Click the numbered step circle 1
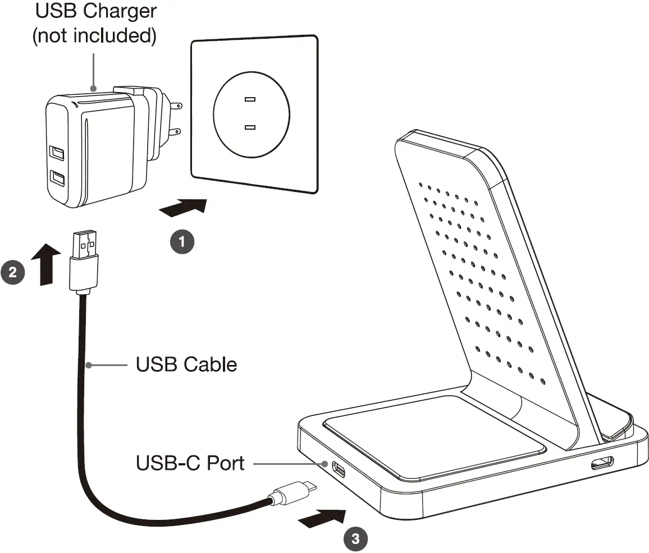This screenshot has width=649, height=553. [x=181, y=242]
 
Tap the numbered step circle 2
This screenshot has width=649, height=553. [x=13, y=272]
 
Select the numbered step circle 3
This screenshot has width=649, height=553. [x=355, y=540]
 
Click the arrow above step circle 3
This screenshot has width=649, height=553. [x=321, y=517]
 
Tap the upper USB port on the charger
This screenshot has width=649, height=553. [x=56, y=153]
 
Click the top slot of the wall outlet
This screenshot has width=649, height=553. [x=250, y=100]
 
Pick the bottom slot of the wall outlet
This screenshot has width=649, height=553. [x=250, y=127]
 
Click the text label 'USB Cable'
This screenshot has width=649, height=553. [x=186, y=364]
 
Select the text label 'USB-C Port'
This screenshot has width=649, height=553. [x=190, y=463]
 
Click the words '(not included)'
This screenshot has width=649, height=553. [x=93, y=35]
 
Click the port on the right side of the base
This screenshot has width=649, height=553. [x=601, y=463]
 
